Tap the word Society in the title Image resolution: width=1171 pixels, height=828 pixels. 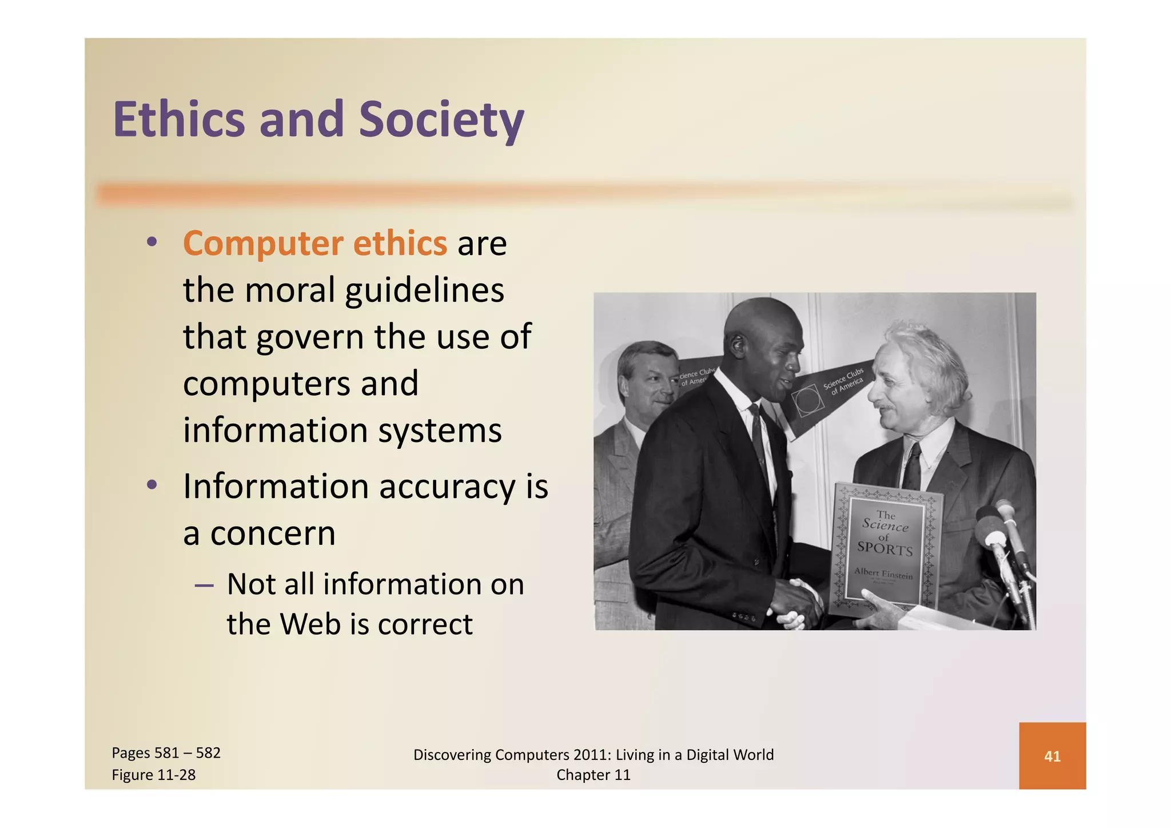tap(441, 121)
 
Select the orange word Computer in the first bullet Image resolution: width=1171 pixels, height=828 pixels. tap(262, 244)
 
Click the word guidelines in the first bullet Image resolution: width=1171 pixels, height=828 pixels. tap(425, 290)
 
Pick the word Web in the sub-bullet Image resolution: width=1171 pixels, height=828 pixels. tap(310, 624)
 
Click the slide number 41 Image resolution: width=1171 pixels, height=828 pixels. tap(1052, 757)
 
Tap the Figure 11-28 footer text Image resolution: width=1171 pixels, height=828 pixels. tap(153, 775)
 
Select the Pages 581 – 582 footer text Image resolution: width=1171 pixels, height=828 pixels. tap(166, 753)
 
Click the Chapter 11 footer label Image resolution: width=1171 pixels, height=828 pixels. tap(594, 775)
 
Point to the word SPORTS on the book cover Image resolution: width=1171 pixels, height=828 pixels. tap(885, 549)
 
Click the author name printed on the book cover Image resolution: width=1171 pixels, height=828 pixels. tap(883, 573)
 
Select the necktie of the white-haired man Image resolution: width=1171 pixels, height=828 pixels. tap(913, 466)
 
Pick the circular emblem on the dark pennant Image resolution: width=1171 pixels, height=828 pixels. tap(807, 400)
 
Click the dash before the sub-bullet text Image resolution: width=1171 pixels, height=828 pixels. tap(204, 585)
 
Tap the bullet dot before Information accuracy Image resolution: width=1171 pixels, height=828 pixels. tap(152, 485)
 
